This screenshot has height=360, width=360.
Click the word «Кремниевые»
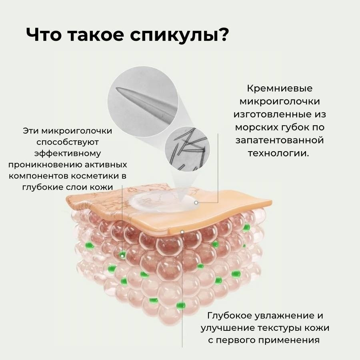(x=280, y=88)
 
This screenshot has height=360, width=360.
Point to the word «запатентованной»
(x=280, y=140)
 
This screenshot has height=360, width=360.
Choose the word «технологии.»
(x=278, y=153)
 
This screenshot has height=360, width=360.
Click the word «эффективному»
(x=68, y=154)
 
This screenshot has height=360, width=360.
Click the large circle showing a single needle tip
(x=143, y=102)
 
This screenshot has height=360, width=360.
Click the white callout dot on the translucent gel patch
(x=196, y=203)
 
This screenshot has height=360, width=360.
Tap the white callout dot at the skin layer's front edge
(x=182, y=232)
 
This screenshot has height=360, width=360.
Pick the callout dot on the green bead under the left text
(x=122, y=256)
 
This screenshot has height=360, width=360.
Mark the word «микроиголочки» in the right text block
(x=280, y=102)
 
